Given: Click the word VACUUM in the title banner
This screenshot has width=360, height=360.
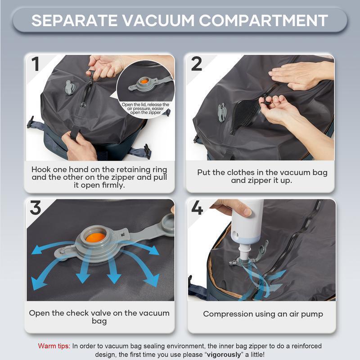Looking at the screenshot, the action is click(159, 21).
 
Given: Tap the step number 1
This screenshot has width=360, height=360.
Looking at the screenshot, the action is click(36, 63).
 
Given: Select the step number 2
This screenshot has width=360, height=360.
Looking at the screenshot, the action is click(197, 64).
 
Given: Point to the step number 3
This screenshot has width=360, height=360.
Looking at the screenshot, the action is click(36, 208).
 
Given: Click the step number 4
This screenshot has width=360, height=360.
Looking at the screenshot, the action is click(197, 208).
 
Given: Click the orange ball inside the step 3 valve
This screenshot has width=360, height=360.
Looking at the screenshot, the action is click(95, 237).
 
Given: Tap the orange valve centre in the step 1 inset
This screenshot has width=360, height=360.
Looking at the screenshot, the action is click(144, 81).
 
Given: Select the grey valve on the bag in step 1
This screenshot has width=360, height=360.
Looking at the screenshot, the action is click(70, 87).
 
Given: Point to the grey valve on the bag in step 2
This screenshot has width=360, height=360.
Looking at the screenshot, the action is click(222, 112).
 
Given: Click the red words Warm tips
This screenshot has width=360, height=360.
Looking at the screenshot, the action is click(54, 346).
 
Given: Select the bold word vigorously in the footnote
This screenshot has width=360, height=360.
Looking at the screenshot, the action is click(224, 355).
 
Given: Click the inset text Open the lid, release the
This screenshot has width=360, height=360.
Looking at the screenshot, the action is click(145, 105).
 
